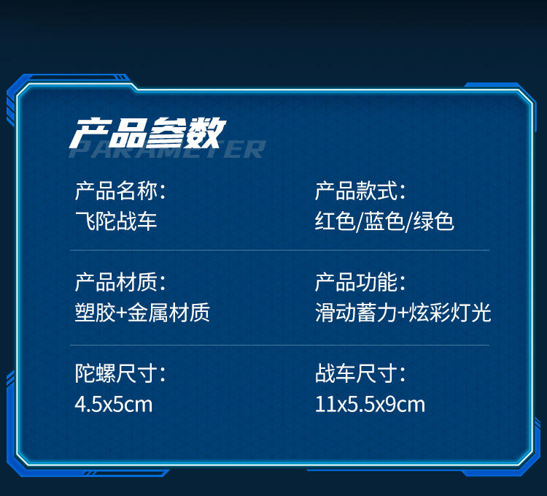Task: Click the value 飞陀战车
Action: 115,221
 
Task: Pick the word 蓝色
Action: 384,221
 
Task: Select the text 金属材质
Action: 169,313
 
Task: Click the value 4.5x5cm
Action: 114,403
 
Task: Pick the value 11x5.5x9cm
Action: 370,403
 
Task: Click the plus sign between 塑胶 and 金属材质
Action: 122,313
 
